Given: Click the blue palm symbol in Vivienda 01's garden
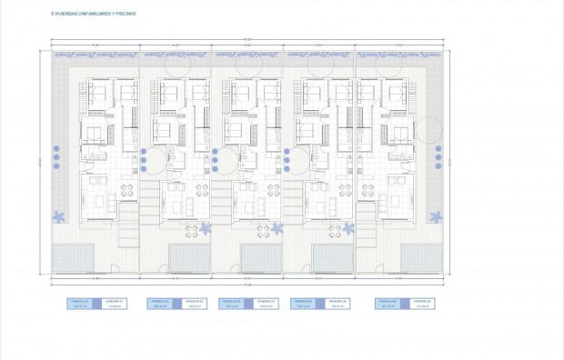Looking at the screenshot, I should [60, 216].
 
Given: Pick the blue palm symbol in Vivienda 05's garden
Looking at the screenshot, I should [439, 216].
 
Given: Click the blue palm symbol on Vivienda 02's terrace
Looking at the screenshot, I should [205, 228].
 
